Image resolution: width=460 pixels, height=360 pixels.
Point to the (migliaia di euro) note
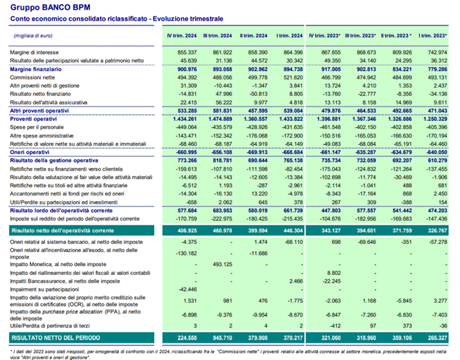point(30,35)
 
